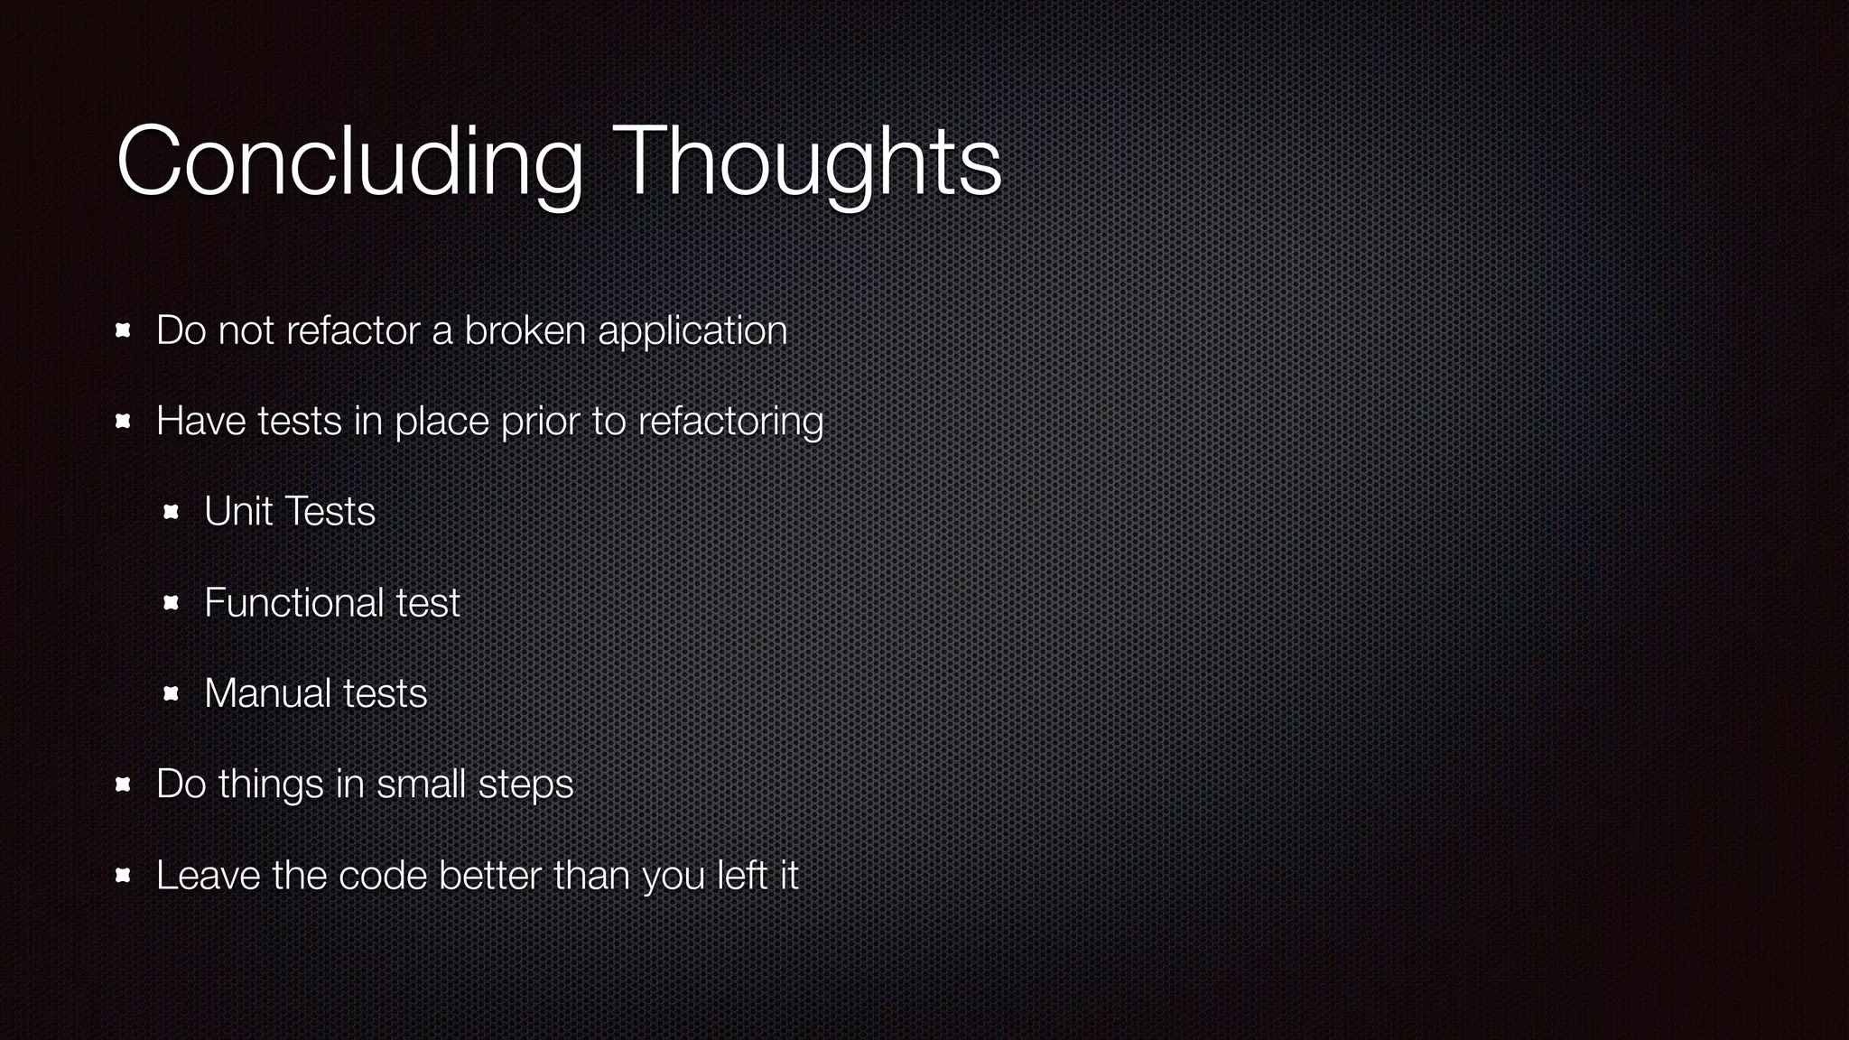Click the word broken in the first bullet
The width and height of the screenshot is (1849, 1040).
click(x=525, y=330)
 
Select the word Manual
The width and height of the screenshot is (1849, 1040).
click(x=267, y=693)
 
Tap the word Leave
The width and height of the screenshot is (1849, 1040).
click(x=208, y=876)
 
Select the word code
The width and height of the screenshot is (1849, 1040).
click(x=382, y=876)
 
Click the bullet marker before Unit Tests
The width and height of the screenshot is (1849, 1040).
click(x=171, y=513)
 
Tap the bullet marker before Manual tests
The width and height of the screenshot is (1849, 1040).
click(x=171, y=694)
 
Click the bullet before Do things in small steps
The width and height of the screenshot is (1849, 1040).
click(x=124, y=785)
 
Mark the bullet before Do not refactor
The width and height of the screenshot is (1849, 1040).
click(x=124, y=331)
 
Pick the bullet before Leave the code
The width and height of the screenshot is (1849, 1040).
click(x=124, y=876)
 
